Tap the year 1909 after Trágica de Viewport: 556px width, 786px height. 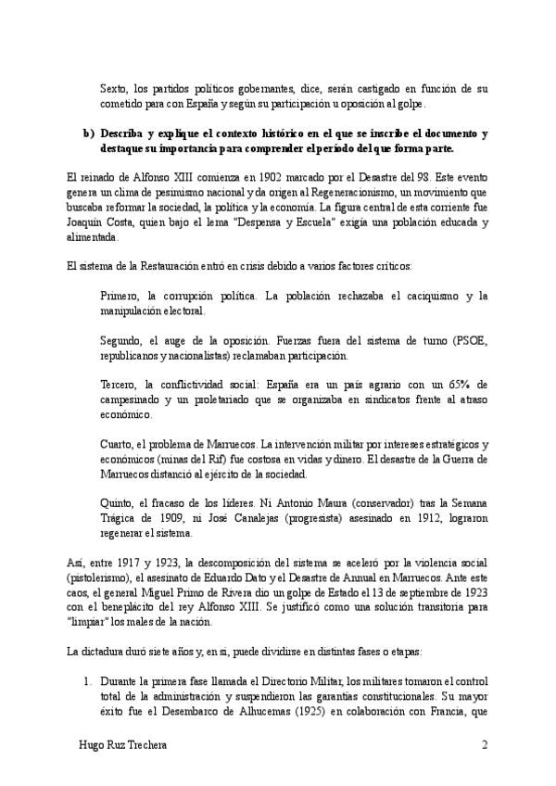point(174,518)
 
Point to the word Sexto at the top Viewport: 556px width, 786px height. point(114,89)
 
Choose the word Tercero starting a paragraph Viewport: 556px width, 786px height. point(120,384)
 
